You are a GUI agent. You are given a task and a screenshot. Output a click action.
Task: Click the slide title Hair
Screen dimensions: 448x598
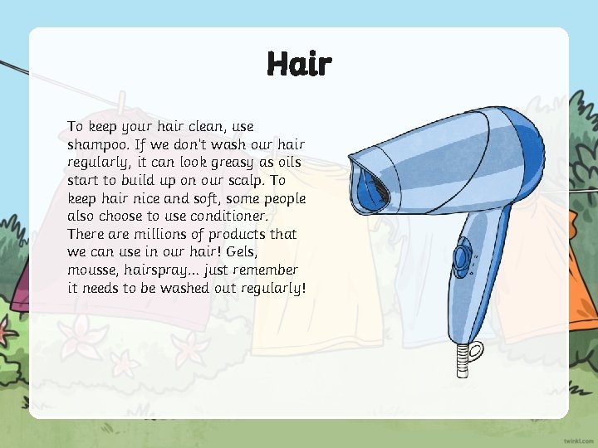click(x=299, y=64)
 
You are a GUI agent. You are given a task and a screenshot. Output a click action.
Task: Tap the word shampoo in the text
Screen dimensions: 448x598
click(x=96, y=144)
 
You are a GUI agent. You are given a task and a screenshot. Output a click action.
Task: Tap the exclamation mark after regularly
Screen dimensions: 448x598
click(x=305, y=289)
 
